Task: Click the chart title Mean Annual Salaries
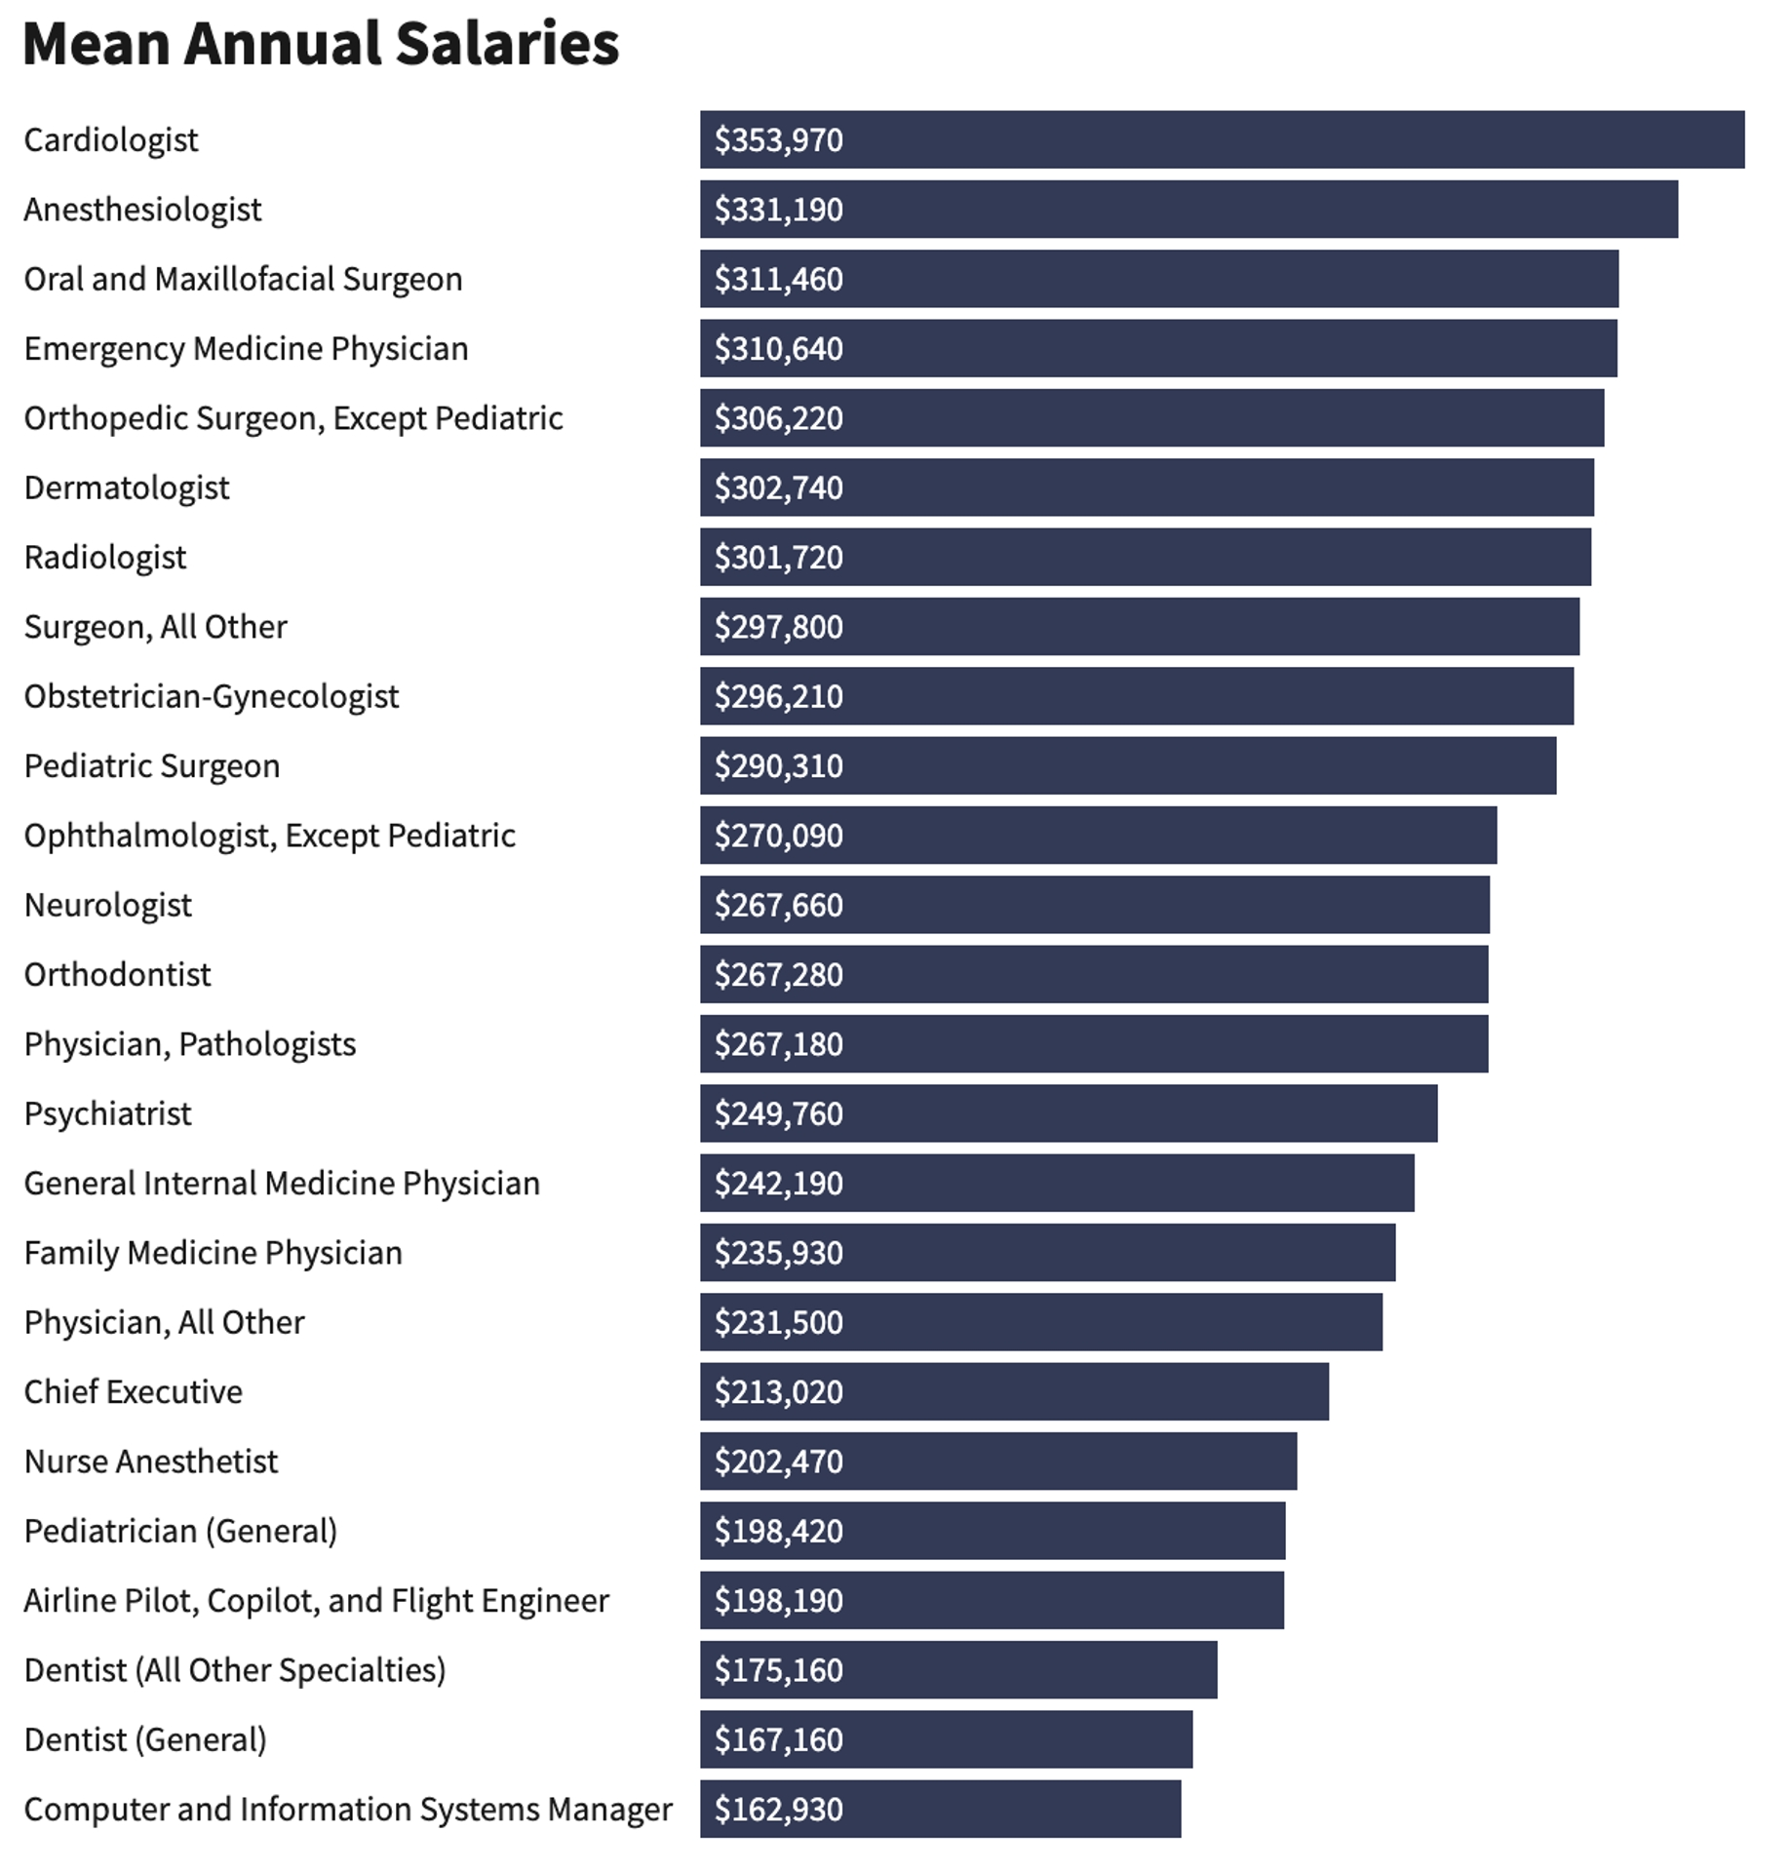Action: tap(321, 44)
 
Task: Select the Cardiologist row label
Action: tap(111, 140)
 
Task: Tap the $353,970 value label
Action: tap(778, 140)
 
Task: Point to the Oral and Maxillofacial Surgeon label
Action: tap(243, 280)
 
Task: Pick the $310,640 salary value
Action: tap(778, 349)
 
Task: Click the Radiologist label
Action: tap(105, 558)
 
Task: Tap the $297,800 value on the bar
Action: tap(778, 627)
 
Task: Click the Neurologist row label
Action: tap(108, 906)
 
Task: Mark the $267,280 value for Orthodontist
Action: tap(778, 975)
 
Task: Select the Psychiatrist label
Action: tap(108, 1114)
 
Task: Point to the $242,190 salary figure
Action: tap(778, 1184)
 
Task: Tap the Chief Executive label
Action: tap(134, 1392)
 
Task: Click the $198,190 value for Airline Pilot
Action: tap(778, 1601)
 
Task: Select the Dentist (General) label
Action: tap(145, 1740)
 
